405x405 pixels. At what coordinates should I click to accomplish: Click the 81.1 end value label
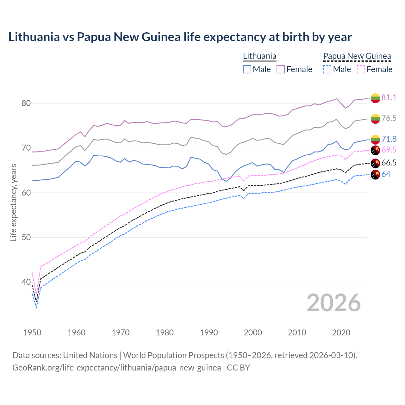(389, 97)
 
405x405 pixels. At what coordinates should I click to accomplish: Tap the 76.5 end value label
(389, 118)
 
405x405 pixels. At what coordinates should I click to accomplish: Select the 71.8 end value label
(389, 139)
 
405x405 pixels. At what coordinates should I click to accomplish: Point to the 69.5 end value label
(389, 150)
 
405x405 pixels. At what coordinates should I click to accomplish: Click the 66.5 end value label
(389, 163)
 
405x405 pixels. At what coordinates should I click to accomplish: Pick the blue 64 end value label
(386, 174)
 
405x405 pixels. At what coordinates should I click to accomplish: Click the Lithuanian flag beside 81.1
(375, 98)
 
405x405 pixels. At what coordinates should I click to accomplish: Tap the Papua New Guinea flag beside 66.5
(375, 164)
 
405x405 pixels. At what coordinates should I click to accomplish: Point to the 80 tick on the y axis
(26, 103)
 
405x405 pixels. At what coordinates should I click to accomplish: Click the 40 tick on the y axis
(26, 282)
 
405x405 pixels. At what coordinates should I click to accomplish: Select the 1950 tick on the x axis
(32, 333)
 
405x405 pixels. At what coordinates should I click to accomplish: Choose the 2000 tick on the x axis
(253, 333)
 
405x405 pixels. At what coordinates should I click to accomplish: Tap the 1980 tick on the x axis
(165, 333)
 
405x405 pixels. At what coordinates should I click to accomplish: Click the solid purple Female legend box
(281, 69)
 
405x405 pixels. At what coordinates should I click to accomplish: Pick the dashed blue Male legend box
(327, 69)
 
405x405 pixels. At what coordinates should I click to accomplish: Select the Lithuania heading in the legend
(259, 56)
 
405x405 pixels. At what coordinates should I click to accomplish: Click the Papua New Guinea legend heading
(357, 56)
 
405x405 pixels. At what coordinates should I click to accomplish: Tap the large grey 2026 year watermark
(333, 303)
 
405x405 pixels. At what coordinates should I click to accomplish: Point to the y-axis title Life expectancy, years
(13, 202)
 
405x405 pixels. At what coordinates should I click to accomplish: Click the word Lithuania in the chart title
(34, 37)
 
